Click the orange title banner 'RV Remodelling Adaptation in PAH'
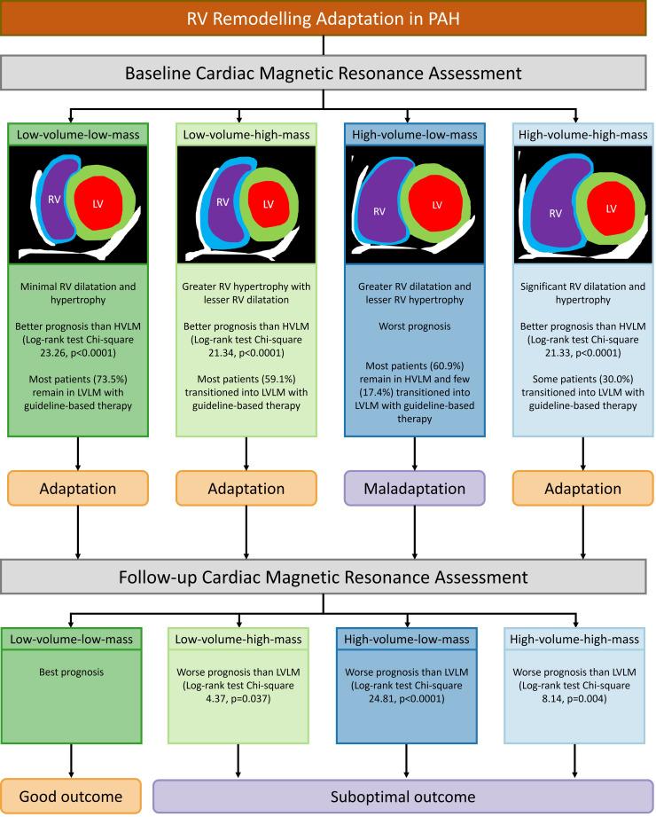pos(323,19)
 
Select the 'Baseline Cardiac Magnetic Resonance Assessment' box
pos(323,73)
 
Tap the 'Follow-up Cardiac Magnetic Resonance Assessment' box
pos(323,577)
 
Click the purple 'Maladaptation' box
pos(414,488)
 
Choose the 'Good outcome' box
pos(71,797)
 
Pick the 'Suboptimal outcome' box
pos(403,797)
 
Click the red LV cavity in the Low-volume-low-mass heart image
pos(98,202)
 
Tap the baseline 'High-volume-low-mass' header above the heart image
pos(414,135)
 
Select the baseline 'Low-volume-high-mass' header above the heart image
pos(246,135)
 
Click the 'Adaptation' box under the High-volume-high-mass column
pos(582,488)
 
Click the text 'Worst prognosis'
pos(414,326)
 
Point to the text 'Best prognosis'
pos(71,672)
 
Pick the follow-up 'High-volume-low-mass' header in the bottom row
pos(407,640)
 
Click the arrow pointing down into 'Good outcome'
pos(71,761)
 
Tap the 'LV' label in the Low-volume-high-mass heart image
pos(268,204)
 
